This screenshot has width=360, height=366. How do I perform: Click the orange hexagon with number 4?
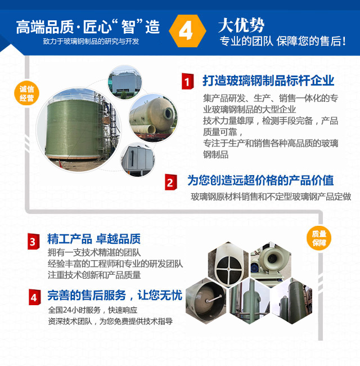(187, 31)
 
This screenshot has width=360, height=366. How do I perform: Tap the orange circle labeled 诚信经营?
(26, 93)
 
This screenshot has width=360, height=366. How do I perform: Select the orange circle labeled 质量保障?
(319, 238)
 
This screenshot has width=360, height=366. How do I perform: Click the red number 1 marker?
(187, 81)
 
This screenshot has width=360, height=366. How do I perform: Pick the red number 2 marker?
(170, 182)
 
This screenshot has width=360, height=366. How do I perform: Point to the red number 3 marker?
(33, 242)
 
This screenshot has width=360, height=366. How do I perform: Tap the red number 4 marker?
(34, 297)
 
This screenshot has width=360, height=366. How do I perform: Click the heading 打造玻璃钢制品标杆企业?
(268, 81)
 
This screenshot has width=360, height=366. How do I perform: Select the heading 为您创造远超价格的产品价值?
(260, 180)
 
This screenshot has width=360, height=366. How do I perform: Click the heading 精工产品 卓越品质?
(94, 239)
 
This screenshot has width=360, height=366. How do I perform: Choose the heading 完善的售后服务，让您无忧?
(115, 295)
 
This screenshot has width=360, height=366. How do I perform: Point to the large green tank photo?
(79, 130)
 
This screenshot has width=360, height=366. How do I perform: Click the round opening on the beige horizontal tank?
(168, 113)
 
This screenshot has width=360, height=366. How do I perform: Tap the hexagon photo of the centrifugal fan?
(271, 261)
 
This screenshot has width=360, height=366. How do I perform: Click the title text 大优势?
(241, 25)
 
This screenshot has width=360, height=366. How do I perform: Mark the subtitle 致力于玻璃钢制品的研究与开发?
(91, 42)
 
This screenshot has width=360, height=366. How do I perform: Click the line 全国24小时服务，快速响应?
(93, 310)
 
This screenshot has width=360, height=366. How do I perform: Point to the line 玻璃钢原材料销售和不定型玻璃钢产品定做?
(271, 197)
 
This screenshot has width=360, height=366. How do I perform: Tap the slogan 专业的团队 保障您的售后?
(282, 41)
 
